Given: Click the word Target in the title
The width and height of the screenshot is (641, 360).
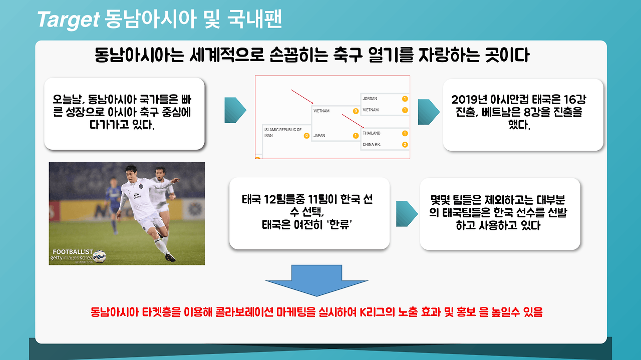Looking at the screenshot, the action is coord(69,20).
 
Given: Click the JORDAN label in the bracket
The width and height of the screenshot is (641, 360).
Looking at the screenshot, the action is coord(370,99).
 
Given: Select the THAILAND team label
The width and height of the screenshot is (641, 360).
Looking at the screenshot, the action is coord(372,133).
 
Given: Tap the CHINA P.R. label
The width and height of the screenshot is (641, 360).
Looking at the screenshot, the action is coord(372,145).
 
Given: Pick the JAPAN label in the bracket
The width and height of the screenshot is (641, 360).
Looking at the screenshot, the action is coord(319,136).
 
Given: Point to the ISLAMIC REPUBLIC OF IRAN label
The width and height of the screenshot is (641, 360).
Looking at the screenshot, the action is coord(283,133).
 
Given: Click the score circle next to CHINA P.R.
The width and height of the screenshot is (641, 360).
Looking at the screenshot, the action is coord(405,145).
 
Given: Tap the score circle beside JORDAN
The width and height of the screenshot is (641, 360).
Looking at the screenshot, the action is coord(405,99).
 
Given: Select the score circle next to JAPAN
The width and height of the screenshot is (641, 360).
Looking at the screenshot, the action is coord(356,136).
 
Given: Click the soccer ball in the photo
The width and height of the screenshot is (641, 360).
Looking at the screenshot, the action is coord(99,256).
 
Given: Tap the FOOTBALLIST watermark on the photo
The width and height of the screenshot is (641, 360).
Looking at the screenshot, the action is coord(73,252).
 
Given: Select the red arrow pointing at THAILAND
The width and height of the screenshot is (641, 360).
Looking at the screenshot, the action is coord(353,121).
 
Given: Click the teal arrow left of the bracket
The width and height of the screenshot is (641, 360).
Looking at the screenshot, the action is coord(235,110).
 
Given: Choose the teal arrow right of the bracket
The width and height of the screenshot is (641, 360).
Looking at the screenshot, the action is coord(429,112).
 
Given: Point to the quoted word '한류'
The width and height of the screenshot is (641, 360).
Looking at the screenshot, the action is coord(339,225).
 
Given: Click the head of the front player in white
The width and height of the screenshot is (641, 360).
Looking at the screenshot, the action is coord(131,173).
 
